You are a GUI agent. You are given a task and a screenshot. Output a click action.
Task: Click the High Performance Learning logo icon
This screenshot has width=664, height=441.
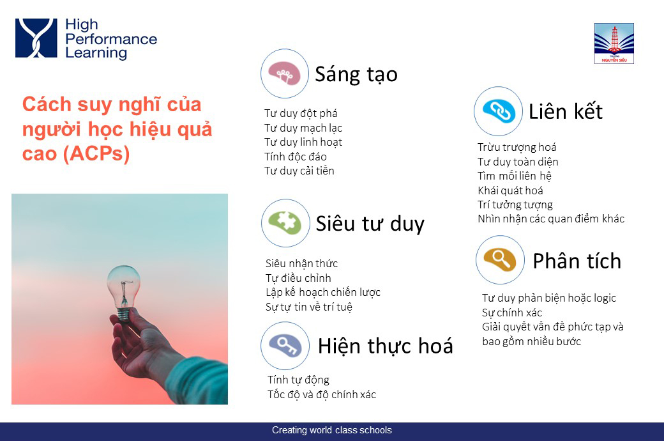36,38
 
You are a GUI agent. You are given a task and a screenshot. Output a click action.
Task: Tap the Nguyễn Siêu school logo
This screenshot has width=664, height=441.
614,43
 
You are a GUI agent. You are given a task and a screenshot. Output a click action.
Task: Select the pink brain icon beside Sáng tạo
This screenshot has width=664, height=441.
285,73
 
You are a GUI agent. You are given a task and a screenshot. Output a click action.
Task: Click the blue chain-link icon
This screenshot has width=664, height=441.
499,111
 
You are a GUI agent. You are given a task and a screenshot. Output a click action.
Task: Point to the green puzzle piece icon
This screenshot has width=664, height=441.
286,223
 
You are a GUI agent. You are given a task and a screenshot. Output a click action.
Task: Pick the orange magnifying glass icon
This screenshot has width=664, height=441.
500,259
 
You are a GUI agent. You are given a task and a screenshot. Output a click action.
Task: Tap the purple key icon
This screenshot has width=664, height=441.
285,345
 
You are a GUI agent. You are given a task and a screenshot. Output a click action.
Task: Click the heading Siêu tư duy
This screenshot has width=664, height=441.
370,224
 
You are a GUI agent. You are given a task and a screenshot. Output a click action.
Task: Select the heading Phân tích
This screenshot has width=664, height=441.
577,261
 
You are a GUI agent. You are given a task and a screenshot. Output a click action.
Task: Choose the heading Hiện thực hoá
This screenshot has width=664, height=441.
386,346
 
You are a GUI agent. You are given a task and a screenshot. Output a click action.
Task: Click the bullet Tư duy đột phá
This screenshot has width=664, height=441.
301,113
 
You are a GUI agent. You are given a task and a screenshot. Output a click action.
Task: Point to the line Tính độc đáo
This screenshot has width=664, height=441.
295,157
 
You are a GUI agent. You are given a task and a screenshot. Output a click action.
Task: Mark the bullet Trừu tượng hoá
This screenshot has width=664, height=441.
517,147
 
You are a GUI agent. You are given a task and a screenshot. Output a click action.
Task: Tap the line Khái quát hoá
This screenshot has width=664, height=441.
510,190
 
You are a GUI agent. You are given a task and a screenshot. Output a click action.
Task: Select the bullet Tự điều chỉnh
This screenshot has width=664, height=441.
298,278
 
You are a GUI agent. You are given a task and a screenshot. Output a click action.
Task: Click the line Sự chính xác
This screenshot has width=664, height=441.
511,313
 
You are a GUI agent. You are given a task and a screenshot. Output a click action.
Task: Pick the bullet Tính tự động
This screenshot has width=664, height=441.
298,380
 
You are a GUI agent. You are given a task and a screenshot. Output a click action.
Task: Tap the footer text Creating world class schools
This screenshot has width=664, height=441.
332,430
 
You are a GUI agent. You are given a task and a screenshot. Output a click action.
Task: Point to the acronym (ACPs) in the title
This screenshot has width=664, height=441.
96,153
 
